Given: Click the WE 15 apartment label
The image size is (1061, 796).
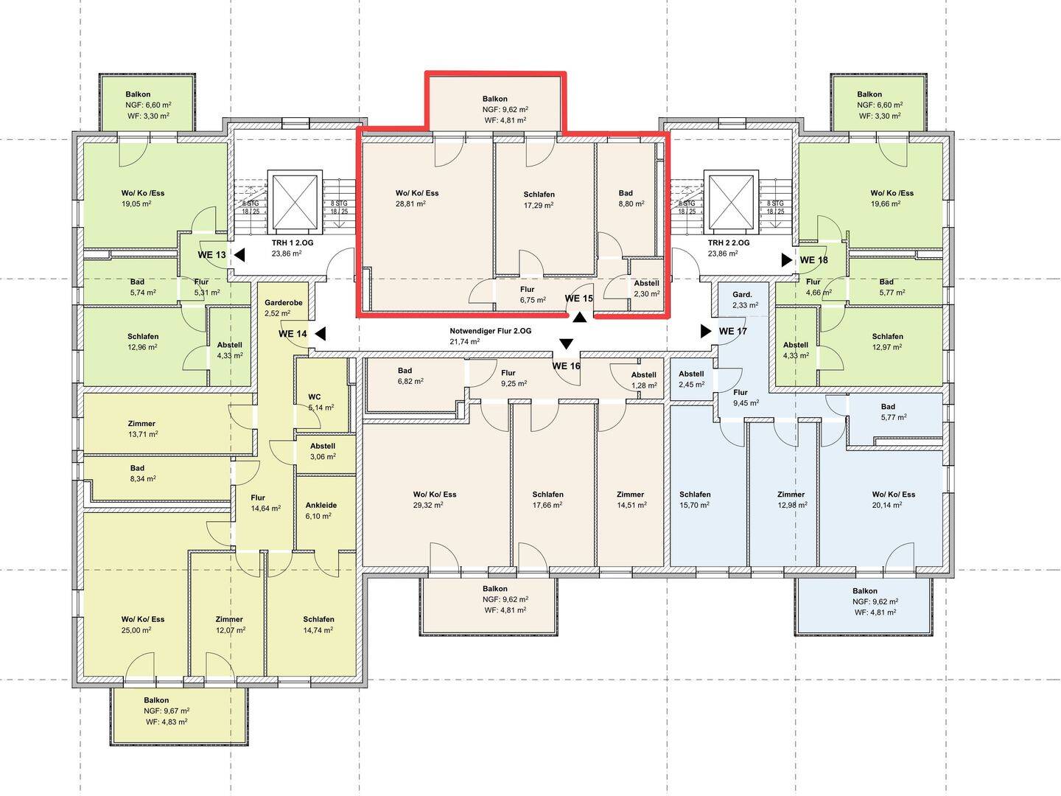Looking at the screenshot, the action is point(578,298).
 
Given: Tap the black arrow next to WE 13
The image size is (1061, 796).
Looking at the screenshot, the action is point(239,255).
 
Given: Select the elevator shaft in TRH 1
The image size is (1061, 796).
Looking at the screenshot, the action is point(295,201).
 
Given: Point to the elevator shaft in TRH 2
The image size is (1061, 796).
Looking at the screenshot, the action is point(731,201).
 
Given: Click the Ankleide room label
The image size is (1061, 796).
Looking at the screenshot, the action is point(321,505).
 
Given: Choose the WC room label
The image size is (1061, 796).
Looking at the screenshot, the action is point(314,397).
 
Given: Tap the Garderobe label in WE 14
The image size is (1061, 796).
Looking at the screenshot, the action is point(283,302).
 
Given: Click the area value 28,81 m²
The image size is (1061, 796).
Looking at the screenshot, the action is point(410,204).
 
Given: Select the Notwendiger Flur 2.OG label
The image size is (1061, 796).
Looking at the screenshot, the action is point(490,331).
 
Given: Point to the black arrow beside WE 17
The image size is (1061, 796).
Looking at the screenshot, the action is point(706,331).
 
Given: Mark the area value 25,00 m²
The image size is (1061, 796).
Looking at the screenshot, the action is point(136,630).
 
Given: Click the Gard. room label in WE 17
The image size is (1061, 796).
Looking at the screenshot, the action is point(742,294).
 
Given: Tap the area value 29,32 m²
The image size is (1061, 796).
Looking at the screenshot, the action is point(428,505).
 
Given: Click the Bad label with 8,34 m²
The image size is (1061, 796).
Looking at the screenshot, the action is point(137,468).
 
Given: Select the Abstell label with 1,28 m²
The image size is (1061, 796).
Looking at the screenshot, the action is point(643,374).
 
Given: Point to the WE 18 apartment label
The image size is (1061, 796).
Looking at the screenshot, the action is point(813,260).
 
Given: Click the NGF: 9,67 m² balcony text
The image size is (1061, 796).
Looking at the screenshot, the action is point(167,711).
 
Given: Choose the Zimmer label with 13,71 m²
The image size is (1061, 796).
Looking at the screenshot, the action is point(141,423).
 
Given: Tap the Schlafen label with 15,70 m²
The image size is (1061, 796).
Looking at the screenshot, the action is point(695,495).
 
